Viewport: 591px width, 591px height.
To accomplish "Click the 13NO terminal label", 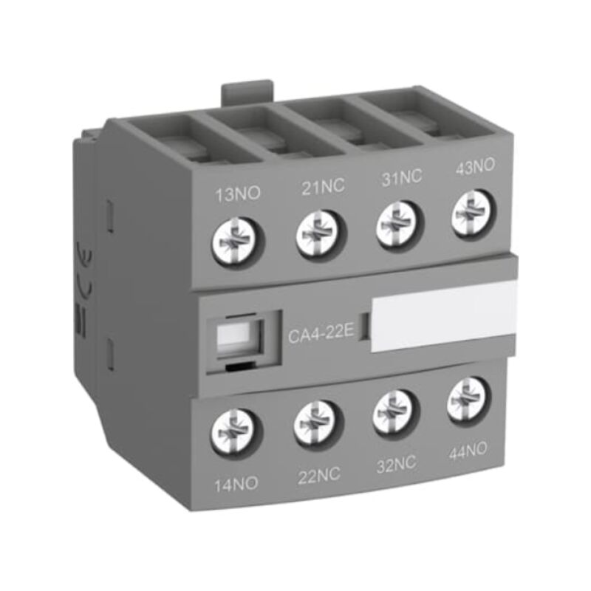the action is click(237, 194).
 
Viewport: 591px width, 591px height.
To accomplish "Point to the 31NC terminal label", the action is click(401, 177).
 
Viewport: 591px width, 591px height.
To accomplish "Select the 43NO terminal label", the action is click(475, 166).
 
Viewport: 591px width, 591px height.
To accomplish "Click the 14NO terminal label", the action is click(236, 484).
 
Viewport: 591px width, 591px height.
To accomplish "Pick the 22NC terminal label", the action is click(319, 476).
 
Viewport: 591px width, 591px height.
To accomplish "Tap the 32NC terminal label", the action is click(397, 464).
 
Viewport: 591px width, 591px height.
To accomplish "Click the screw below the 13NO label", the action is click(238, 241).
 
